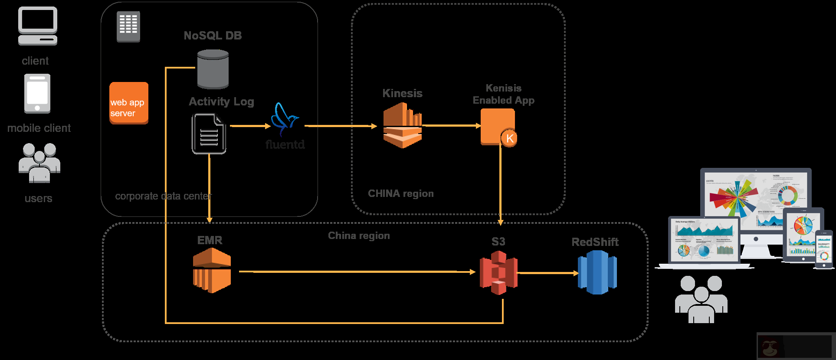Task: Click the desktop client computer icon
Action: pos(38,26)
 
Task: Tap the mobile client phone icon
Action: pos(37,93)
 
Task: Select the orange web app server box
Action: pos(128,103)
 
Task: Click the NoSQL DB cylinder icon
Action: pos(213,69)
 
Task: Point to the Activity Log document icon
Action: pos(209,134)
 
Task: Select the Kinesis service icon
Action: pos(402,125)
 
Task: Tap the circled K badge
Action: pos(509,138)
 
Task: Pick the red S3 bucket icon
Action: pos(498,273)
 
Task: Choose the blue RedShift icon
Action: pos(597,272)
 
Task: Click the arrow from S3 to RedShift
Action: pos(547,273)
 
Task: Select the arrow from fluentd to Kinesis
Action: pos(341,126)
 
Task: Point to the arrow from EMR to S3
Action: pos(356,272)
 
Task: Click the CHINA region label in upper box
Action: pos(400,193)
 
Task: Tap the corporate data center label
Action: pos(163,196)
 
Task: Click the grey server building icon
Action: pos(128,26)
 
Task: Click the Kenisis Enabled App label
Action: pos(503,94)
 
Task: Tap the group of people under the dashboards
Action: pos(701,299)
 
